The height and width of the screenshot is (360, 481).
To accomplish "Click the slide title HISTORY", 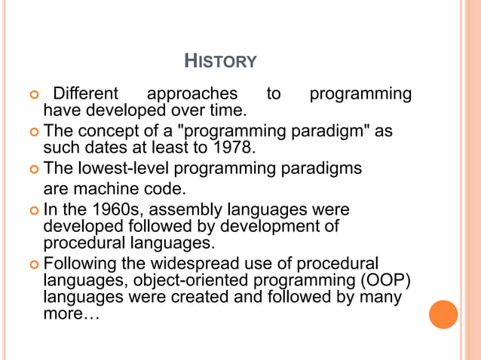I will pyautogui.click(x=220, y=60).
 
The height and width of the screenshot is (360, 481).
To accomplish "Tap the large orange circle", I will pyautogui.click(x=443, y=314).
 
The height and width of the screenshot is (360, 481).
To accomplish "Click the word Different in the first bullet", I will pyautogui.click(x=85, y=94).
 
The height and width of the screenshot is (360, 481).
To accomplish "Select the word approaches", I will pyautogui.click(x=191, y=94).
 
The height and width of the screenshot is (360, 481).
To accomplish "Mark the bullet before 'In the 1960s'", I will pyautogui.click(x=32, y=209).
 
